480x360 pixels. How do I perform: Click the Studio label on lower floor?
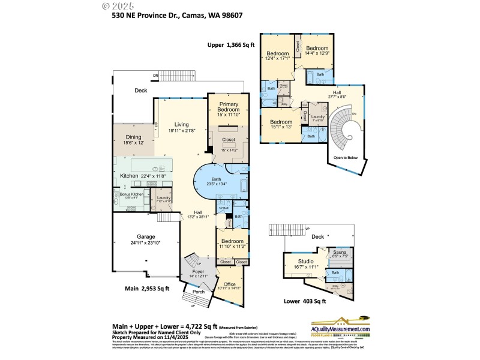[x=307, y=262]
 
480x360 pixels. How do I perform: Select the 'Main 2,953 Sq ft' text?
[x=147, y=288]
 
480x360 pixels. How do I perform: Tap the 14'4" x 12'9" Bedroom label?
[x=317, y=50]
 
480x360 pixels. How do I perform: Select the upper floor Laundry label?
[x=318, y=117]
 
